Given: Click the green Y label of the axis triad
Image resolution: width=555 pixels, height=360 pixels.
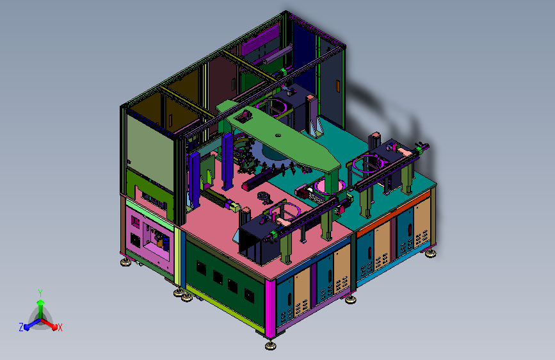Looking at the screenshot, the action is pos(40,293).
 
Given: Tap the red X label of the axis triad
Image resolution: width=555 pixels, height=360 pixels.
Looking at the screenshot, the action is pos(60,328).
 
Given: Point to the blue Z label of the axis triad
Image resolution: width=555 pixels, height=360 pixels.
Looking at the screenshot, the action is pos(21,327).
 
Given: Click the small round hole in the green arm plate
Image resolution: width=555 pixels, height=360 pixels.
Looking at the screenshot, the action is pos(278,135).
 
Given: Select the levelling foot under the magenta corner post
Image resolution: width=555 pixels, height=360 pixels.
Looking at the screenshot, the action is pos(271,345).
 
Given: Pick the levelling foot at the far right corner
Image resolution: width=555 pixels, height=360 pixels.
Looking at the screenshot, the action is pos(430,253).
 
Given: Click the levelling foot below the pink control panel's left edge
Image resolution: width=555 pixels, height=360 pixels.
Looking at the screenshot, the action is pos(125,262).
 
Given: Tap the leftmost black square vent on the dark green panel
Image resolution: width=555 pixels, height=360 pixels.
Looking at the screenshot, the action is pos(202,268).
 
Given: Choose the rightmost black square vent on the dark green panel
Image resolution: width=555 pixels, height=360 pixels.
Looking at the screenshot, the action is pos(249,295).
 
